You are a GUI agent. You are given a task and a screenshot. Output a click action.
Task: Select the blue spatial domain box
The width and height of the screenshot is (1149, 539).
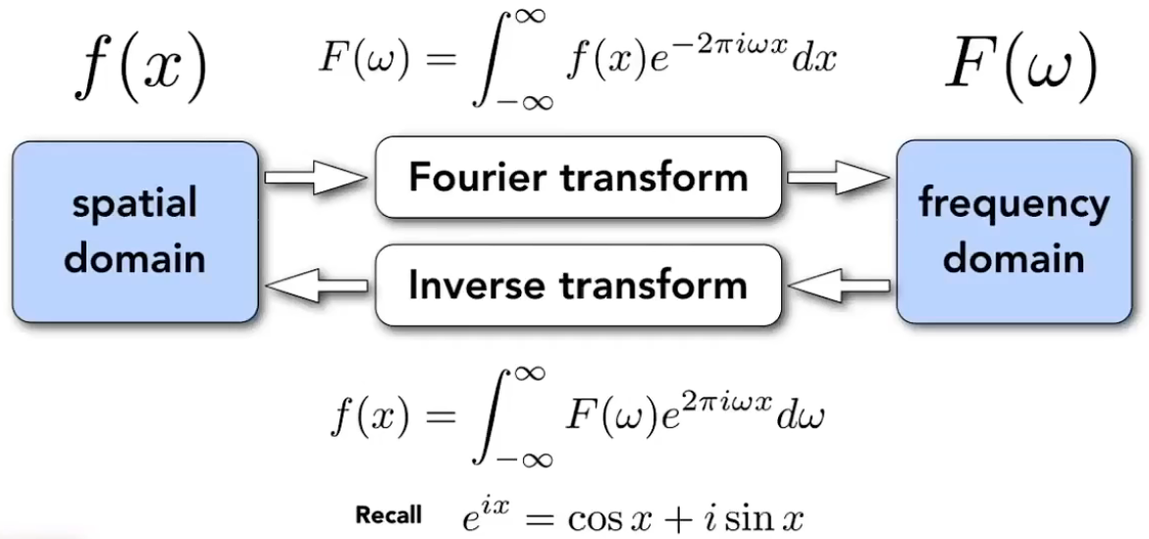135,231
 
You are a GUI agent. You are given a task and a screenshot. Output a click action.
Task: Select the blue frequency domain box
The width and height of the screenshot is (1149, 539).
1014,231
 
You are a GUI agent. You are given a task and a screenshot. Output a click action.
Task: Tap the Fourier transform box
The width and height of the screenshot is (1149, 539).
578,177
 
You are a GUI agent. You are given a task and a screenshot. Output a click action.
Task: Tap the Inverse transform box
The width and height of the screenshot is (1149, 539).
578,285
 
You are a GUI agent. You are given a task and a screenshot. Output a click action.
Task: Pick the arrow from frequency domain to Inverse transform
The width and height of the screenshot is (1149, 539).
839,285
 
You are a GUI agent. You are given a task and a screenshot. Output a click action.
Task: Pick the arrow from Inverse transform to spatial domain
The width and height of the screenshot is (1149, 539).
316,285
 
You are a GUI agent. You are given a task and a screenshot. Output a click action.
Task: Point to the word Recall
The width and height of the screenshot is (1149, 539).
388,514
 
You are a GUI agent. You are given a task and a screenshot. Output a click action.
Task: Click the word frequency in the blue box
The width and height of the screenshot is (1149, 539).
1014,205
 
